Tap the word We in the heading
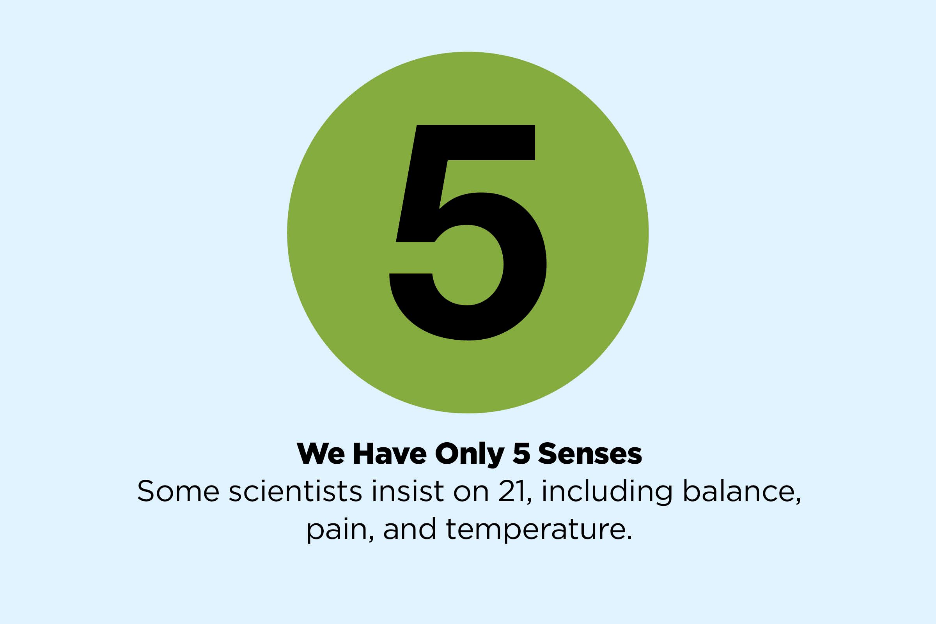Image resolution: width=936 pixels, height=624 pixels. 321,453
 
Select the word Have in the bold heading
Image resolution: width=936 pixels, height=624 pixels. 390,453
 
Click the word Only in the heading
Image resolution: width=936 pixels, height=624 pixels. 470,454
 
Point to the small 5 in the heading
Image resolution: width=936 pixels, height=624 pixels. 521,453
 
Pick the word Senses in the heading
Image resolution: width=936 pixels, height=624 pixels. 590,453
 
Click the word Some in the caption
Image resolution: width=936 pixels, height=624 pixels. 178,491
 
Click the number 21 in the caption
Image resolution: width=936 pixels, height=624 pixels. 512,491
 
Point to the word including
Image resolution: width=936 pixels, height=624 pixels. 607,491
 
